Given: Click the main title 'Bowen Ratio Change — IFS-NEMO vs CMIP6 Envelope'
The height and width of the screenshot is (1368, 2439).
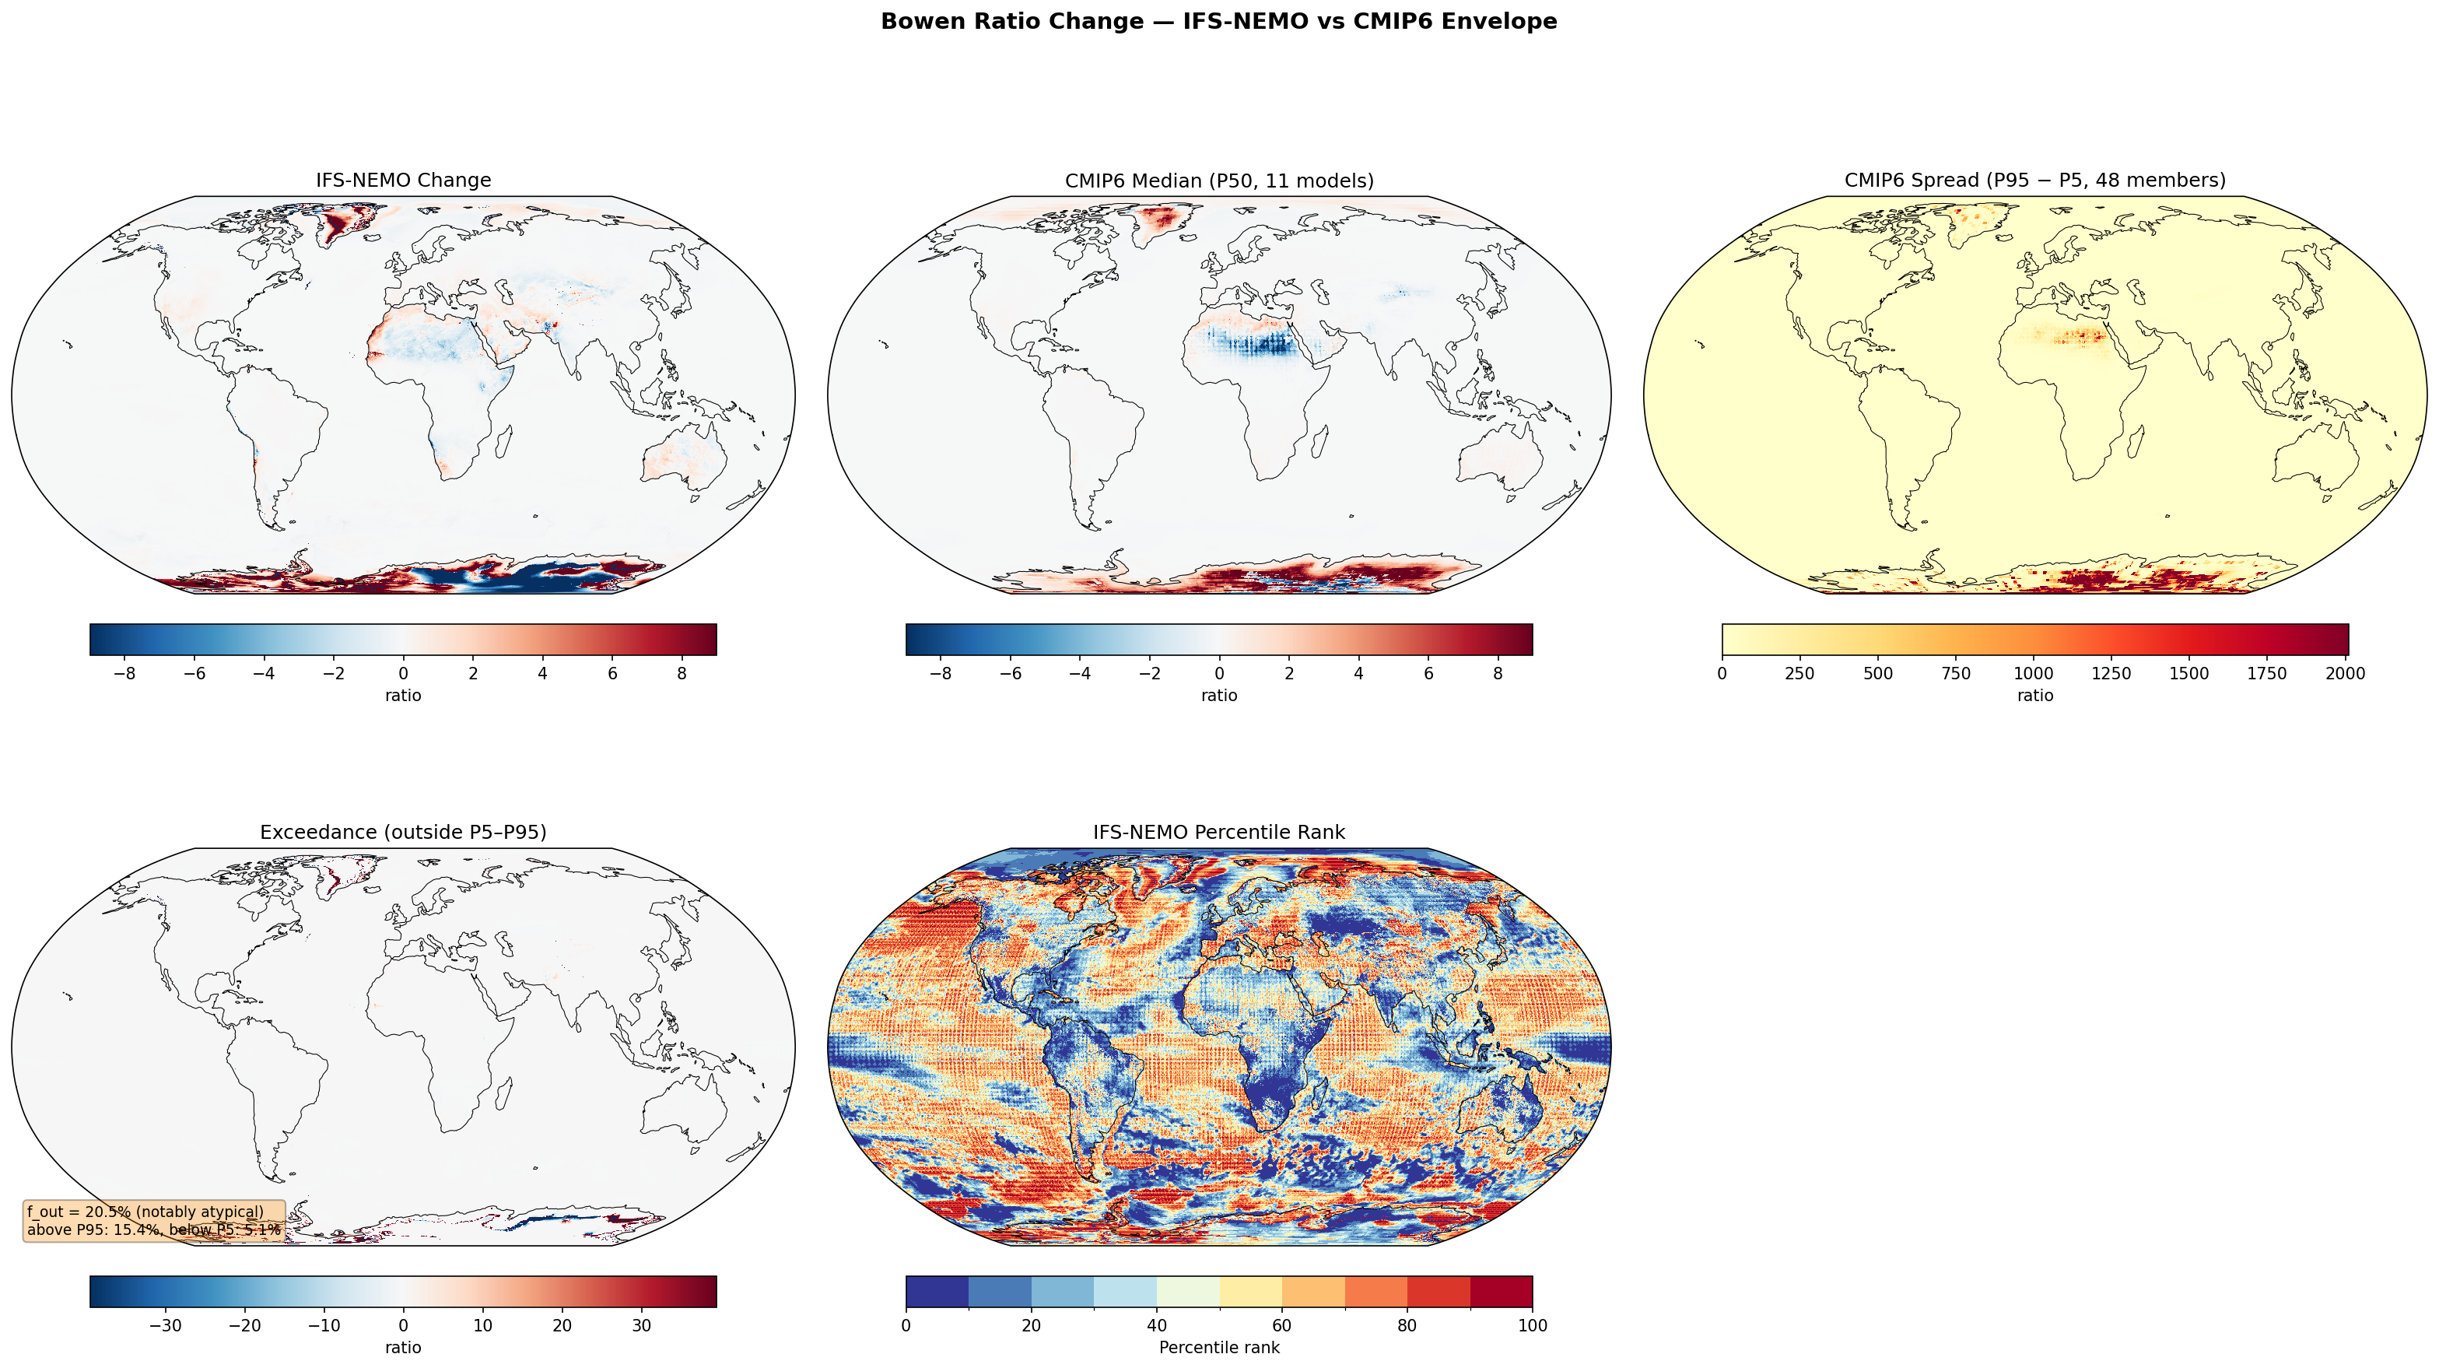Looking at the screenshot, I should coord(1218,22).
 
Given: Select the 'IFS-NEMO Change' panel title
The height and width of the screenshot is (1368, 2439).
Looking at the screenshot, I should coord(403,180).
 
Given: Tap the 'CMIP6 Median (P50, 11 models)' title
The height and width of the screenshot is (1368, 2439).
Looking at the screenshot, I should coord(1218,180).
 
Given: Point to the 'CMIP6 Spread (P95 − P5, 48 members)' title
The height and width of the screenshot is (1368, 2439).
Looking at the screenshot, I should coord(2034,180).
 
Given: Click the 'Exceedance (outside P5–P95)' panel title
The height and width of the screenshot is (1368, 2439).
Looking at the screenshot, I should coord(403,832).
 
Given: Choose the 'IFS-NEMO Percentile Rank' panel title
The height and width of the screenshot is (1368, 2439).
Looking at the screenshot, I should coord(1218,832).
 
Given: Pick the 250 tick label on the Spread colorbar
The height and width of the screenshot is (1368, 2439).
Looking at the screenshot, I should coord(1799,674).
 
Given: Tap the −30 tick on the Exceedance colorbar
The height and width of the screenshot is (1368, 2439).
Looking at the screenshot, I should coord(166,1325).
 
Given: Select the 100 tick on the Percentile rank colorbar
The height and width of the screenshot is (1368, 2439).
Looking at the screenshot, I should coord(1532,1325).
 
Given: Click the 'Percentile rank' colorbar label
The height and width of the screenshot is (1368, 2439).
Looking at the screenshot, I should coord(1218,1347).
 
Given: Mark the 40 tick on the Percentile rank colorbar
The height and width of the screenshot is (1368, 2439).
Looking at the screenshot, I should coord(1156,1325).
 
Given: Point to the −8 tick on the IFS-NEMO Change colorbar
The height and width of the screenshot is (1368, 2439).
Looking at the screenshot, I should coord(124,674).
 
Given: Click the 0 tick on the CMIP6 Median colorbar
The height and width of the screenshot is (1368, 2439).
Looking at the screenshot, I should coord(1218,674).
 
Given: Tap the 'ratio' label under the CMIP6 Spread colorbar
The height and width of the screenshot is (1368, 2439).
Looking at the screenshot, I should coord(2034,696).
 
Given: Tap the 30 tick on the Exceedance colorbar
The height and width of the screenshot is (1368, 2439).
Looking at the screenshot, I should coord(641,1325).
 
